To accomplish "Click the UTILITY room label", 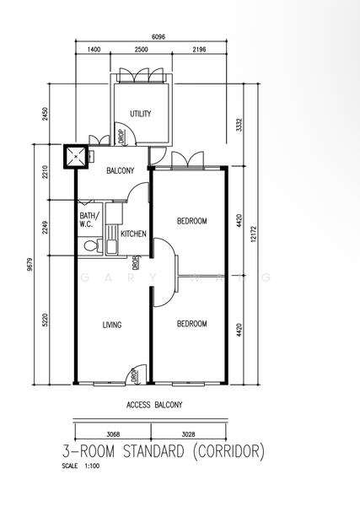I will tap(140, 114).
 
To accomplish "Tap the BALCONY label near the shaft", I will tap(121, 171).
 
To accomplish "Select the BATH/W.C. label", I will tap(89, 220).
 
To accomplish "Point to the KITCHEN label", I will tap(133, 234).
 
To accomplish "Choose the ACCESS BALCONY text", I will tap(153, 405).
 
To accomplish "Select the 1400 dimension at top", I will tap(94, 51).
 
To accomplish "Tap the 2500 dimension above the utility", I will tap(141, 51).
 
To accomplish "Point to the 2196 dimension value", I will tap(199, 51).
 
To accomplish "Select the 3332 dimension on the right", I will tap(240, 126).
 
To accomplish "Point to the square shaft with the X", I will tap(78, 156).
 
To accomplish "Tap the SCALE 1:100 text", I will tap(81, 465).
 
